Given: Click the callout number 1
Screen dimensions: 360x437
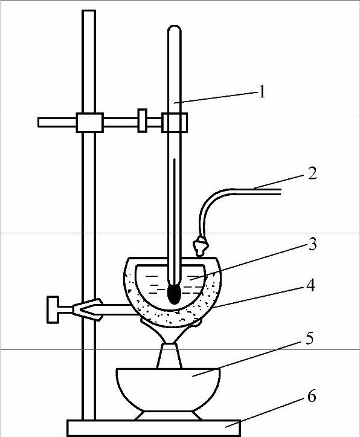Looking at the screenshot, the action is pos(262,92).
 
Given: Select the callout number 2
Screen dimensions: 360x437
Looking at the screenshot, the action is pos(312,173).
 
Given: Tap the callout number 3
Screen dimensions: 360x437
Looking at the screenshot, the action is pos(312,244).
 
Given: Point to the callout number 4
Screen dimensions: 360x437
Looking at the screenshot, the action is pos(310,285).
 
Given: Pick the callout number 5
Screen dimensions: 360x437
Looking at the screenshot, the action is pos(309,338).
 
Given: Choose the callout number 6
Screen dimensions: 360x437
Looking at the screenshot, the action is pos(311,396).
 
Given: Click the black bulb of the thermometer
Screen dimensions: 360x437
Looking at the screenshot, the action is pos(175,295).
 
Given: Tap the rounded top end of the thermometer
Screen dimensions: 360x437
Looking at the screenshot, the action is pos(175,28).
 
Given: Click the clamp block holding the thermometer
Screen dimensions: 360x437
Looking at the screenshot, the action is pos(175,122).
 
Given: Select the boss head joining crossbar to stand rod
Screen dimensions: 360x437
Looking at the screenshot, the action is pos(89,122).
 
